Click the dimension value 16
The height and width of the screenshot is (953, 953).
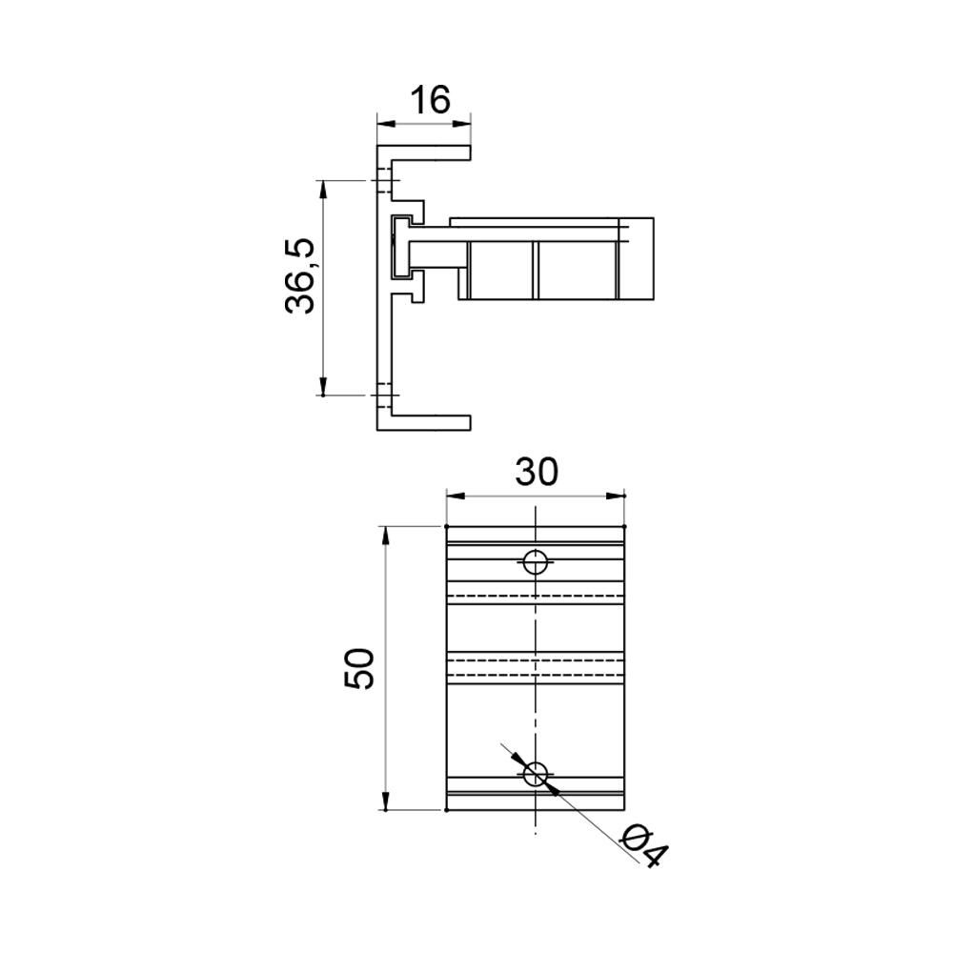click(431, 100)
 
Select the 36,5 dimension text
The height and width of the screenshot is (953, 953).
click(300, 276)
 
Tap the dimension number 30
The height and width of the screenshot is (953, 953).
click(536, 473)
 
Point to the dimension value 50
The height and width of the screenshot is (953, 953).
click(358, 668)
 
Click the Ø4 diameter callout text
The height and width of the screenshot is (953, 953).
click(643, 845)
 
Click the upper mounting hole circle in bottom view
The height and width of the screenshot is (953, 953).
click(535, 562)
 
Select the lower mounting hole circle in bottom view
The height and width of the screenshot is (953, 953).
click(536, 774)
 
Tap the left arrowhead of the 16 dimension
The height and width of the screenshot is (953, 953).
click(387, 124)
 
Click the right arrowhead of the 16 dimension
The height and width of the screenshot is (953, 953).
click(462, 124)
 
